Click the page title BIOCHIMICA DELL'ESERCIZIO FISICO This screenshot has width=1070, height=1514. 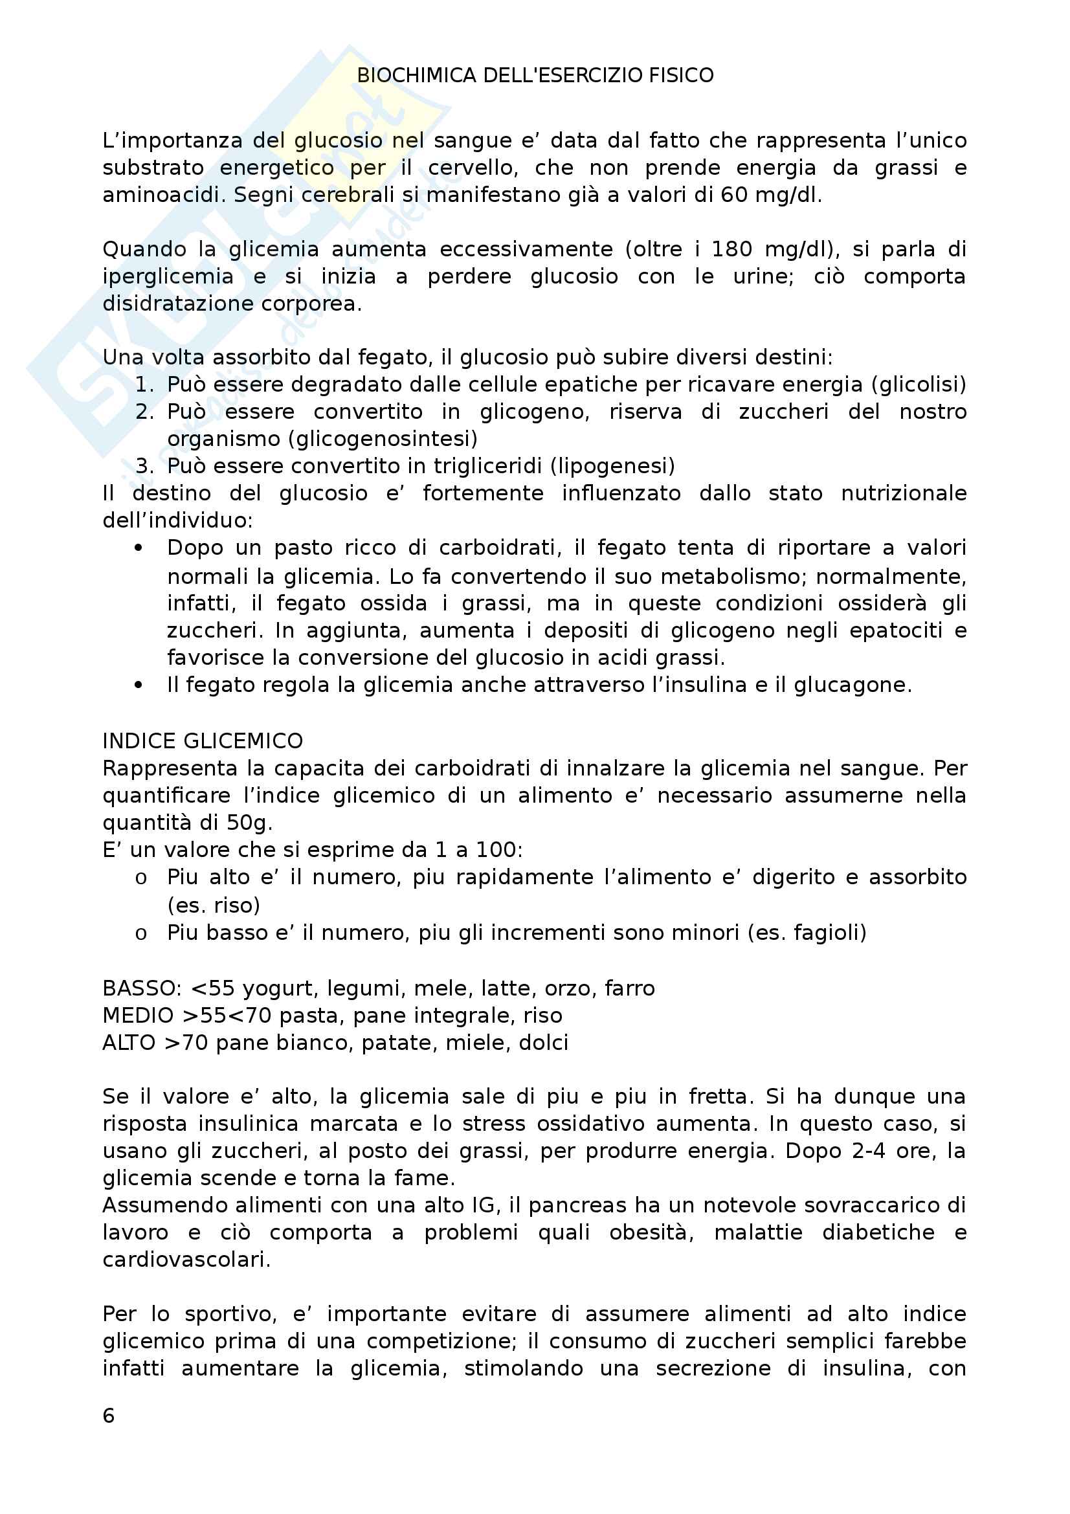tap(535, 76)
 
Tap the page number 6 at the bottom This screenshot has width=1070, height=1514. tap(109, 1416)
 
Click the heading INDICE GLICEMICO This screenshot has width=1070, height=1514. tap(203, 741)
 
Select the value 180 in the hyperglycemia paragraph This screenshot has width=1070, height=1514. tap(732, 249)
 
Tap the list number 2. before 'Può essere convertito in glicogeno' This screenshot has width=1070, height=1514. tap(144, 412)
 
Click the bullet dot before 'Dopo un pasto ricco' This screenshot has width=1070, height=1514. tap(139, 548)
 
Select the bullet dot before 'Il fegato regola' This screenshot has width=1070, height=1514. tap(139, 685)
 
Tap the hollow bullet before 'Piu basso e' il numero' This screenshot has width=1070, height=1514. tap(140, 934)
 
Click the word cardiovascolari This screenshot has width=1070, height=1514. tap(186, 1260)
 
